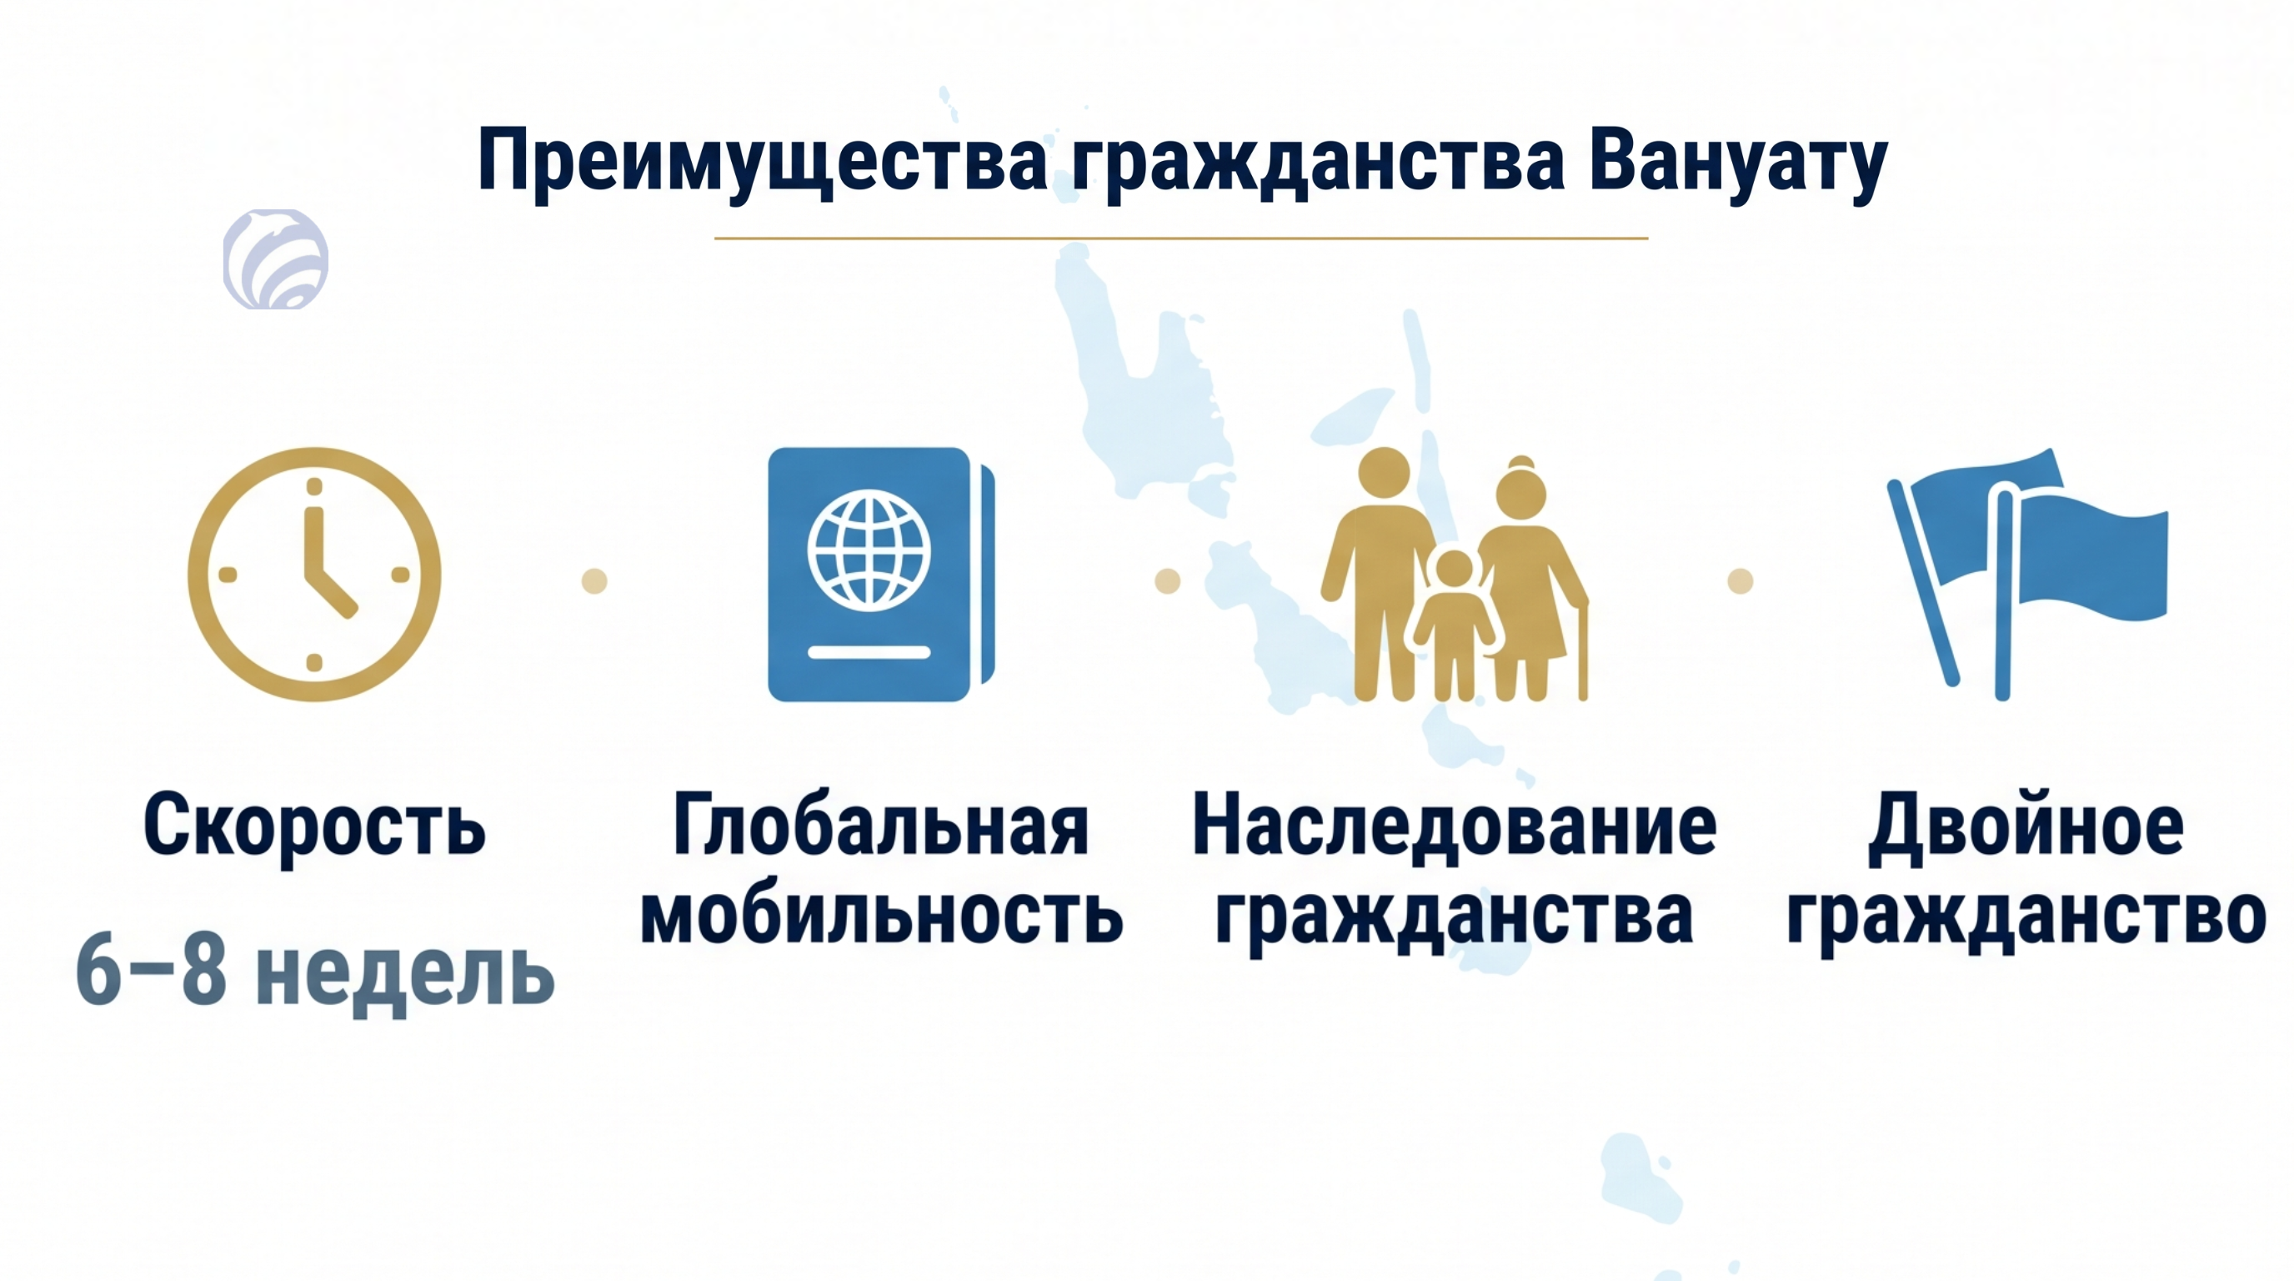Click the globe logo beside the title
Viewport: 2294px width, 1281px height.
tap(276, 259)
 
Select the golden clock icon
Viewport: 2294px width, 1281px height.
tap(314, 575)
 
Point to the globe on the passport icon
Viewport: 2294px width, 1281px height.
tap(869, 550)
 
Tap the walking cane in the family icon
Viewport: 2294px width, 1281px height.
tap(1582, 651)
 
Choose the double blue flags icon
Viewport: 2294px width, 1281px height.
tap(2027, 575)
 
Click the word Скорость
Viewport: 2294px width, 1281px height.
tap(314, 825)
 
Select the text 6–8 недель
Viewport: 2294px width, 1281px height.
tap(315, 972)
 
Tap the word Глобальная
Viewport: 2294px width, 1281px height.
tap(881, 825)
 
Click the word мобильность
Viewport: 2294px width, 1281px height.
tap(882, 914)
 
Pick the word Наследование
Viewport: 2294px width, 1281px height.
tap(1455, 825)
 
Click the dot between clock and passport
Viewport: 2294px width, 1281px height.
tap(594, 580)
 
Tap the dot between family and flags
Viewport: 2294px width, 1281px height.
tap(1741, 580)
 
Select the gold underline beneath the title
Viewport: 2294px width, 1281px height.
tap(1181, 239)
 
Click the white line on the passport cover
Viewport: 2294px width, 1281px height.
tap(869, 652)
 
